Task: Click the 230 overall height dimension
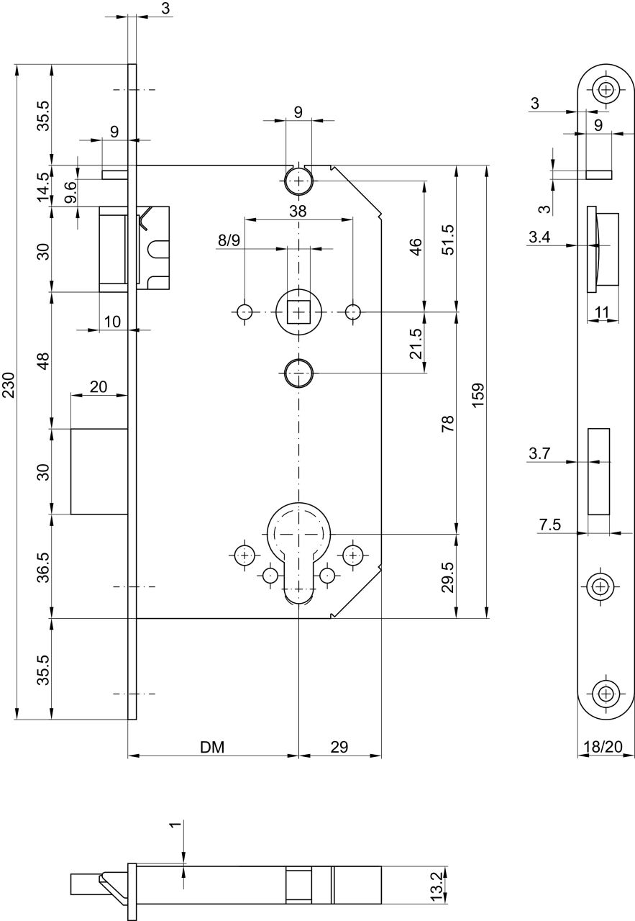coord(9,385)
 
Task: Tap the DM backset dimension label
coord(212,747)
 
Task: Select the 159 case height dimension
coord(478,395)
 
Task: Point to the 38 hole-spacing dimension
coord(298,212)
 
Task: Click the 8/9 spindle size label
coord(229,240)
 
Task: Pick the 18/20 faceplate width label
coord(603,746)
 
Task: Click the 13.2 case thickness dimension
coord(438,887)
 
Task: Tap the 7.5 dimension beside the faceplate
coord(550,525)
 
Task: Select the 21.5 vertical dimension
coord(416,343)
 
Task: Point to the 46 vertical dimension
coord(416,247)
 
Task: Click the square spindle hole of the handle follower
coord(298,312)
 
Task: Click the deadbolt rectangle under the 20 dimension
coord(99,471)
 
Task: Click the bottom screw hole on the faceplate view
coord(606,694)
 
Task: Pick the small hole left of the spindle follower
coord(245,312)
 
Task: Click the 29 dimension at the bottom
coord(339,747)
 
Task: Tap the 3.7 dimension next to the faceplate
coord(539,453)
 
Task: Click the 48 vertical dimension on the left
coord(44,360)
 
